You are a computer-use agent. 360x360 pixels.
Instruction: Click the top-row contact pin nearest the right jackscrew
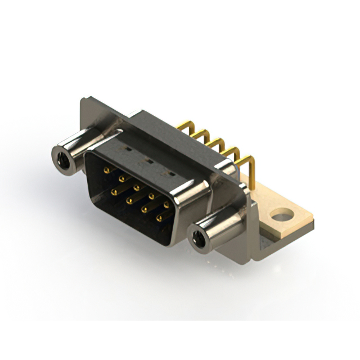[166, 205]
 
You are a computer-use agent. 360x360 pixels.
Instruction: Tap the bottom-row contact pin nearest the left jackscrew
[114, 192]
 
